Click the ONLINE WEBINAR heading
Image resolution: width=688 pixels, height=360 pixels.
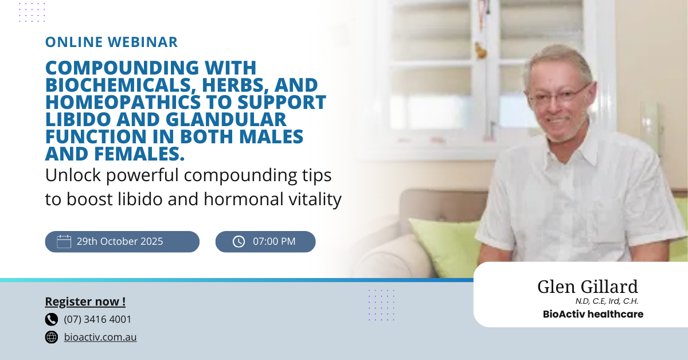[111, 42]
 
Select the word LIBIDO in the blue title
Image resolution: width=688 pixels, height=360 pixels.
[78, 119]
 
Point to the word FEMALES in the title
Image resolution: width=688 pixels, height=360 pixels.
[139, 154]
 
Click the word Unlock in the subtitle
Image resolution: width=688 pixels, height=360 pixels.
[73, 175]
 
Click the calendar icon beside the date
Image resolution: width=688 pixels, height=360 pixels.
[64, 241]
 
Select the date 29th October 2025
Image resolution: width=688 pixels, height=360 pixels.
[120, 241]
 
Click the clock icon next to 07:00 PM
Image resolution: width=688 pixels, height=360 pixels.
[239, 242]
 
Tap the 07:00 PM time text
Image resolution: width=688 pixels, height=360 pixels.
[274, 241]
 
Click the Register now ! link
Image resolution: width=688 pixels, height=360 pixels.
[85, 302]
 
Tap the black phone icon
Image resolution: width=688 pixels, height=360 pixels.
[51, 319]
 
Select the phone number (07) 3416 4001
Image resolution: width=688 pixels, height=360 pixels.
[97, 319]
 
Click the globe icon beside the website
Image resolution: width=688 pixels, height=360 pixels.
[51, 337]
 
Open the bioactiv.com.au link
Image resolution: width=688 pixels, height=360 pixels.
[100, 337]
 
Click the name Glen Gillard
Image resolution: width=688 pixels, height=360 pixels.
[588, 287]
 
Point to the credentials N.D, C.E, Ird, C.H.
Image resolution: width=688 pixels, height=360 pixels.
[607, 302]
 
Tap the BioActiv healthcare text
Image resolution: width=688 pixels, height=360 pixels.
[593, 314]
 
